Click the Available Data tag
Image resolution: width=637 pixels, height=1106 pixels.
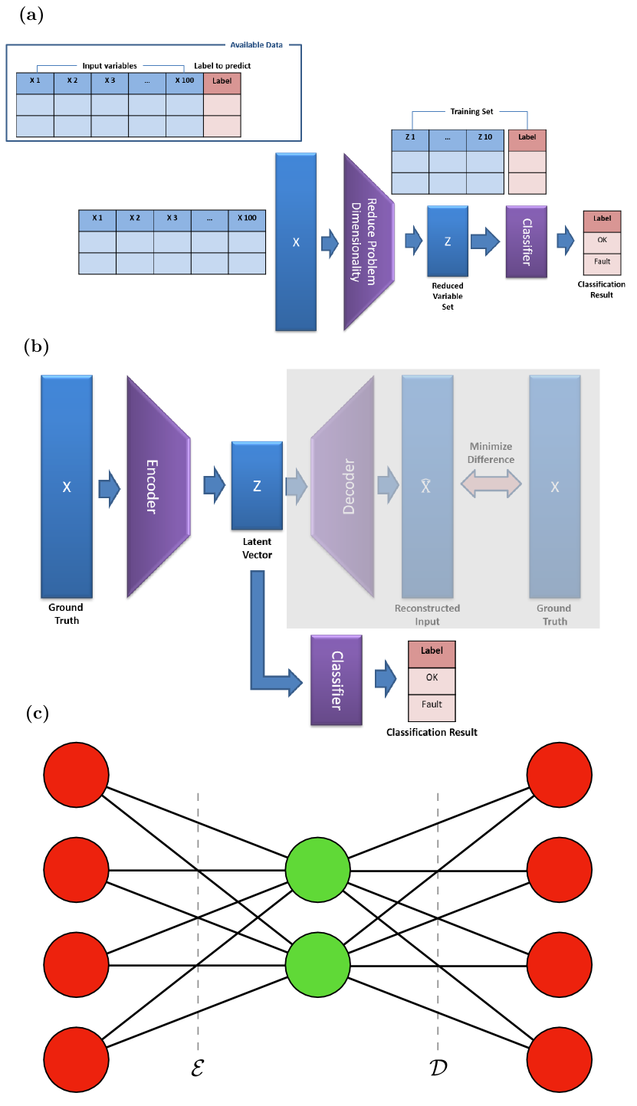coord(257,45)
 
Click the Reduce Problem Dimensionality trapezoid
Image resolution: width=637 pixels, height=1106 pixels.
coord(368,241)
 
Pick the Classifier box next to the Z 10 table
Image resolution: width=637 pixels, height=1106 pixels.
coord(527,241)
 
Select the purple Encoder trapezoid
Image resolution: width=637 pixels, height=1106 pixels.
coord(158,486)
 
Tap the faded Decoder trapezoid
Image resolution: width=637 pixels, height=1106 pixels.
coord(342,486)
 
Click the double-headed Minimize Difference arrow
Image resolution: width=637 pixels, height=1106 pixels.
coord(491,484)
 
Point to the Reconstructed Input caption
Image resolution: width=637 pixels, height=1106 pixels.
coord(427,615)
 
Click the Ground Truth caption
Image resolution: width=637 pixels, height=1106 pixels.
coord(554,615)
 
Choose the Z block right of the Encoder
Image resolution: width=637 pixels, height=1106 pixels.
coord(257,485)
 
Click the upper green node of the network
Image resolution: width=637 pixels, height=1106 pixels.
coord(317,870)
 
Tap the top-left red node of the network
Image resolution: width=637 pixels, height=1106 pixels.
coord(76,774)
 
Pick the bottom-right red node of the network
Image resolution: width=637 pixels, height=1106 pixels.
coord(560,1060)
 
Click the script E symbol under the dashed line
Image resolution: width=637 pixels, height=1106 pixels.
coord(197,1068)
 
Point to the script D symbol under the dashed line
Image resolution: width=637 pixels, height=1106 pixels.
coord(438,1068)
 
